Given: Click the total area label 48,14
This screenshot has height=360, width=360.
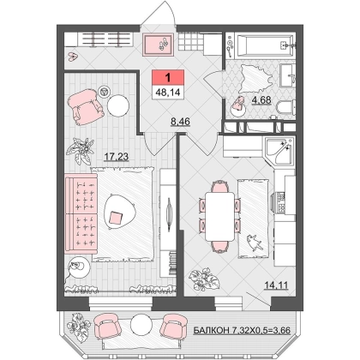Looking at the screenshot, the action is (x=168, y=93).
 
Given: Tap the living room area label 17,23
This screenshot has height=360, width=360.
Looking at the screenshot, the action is (x=117, y=157).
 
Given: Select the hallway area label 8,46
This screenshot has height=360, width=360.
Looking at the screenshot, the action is (x=180, y=122).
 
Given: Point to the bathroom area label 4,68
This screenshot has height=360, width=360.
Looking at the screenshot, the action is (x=261, y=100).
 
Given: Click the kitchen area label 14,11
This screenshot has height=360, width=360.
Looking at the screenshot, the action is (x=276, y=285).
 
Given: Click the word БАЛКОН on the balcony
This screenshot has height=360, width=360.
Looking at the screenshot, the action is (x=211, y=330).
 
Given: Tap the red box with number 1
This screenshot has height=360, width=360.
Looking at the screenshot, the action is (x=168, y=77).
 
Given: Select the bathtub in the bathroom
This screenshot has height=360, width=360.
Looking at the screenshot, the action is (x=264, y=45).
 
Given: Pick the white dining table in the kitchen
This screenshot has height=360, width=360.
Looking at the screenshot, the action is (x=219, y=216).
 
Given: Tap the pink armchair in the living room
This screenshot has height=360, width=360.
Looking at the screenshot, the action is (x=86, y=106).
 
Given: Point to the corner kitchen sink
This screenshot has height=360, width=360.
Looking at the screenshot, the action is (x=279, y=151).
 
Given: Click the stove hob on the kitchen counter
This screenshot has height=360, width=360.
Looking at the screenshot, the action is (x=281, y=202).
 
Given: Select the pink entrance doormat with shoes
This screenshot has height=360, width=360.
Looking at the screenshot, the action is (x=158, y=45).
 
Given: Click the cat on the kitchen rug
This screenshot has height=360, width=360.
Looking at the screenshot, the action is (x=255, y=243).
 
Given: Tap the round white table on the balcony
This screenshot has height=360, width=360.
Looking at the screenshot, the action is (x=141, y=324).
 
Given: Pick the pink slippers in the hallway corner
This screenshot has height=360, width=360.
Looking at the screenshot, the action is (x=73, y=57).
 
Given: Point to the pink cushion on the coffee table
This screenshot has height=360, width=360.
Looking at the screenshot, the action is (x=117, y=218).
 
